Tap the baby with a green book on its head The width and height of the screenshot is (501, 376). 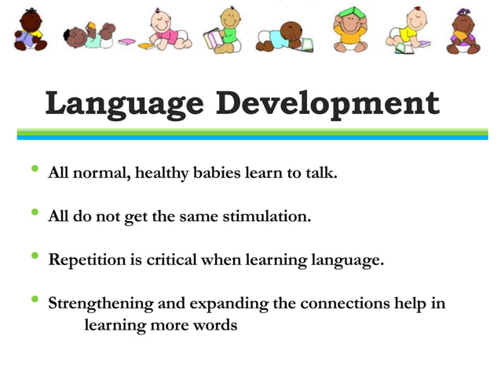[349, 31]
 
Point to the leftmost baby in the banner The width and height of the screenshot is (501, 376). [30, 30]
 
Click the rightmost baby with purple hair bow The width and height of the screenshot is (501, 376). [463, 31]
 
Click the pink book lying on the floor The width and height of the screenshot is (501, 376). [126, 41]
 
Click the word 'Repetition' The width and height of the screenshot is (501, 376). [84, 260]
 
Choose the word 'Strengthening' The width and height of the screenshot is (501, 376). [101, 304]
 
